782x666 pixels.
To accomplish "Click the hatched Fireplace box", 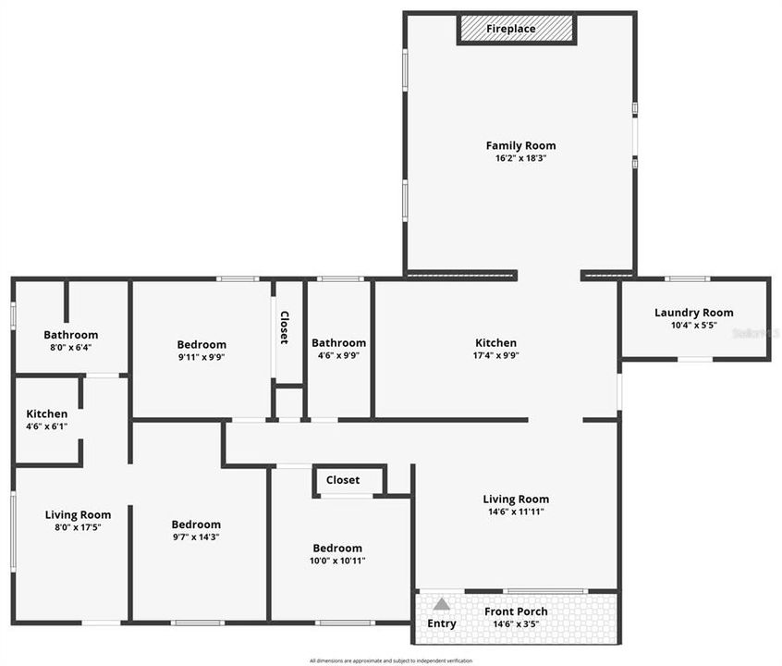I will (x=517, y=29).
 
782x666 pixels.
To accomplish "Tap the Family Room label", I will (x=521, y=145).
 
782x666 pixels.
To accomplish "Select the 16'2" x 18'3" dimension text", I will (x=521, y=158).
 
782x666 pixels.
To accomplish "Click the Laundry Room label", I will (x=693, y=313).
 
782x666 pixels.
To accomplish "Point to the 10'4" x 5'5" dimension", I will (x=693, y=326).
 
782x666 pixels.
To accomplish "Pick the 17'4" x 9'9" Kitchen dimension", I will (x=496, y=355).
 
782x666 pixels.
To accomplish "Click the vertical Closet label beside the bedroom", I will (x=284, y=327).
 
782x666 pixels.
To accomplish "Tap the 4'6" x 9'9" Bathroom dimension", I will (x=338, y=355).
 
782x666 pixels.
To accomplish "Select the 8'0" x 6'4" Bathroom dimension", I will (x=71, y=348).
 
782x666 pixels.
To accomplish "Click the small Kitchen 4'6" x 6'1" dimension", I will (x=46, y=426).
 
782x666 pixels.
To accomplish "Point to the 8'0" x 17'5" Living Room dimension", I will (x=78, y=527).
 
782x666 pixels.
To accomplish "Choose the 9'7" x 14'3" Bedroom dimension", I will (x=196, y=536).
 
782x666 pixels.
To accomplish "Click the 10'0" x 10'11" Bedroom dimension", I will (x=337, y=560).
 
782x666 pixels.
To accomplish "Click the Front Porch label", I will (x=517, y=611).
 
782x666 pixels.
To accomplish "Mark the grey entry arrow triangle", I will (x=442, y=604).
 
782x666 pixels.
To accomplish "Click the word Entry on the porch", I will (x=442, y=623).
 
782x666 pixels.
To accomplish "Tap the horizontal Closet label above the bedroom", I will (x=343, y=480).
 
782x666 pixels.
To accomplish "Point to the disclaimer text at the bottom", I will (x=391, y=660).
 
